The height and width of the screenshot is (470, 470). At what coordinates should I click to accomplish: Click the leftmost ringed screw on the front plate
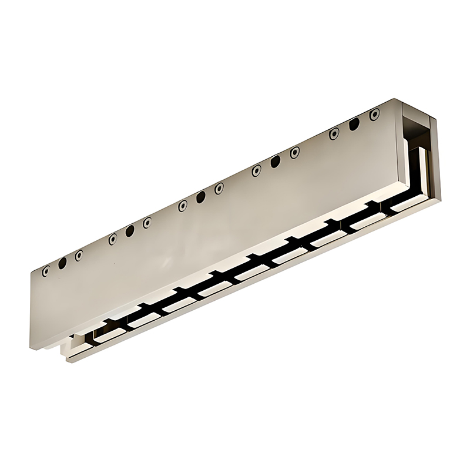45,271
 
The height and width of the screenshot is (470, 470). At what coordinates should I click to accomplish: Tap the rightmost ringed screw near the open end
373,115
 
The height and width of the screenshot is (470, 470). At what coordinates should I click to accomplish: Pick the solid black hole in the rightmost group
354,124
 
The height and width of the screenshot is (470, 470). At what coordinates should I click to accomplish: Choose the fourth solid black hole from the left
275,162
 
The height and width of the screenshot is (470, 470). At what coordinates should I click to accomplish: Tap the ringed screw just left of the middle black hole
183,206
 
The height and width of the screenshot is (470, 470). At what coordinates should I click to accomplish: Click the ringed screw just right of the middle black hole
219,188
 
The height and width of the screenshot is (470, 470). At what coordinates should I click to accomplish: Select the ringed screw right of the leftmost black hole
79,255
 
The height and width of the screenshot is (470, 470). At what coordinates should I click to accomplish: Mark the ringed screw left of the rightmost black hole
334,134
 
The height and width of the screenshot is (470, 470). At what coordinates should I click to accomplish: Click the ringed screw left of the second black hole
112,239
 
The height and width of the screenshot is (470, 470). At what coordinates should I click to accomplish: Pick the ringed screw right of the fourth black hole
294,152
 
